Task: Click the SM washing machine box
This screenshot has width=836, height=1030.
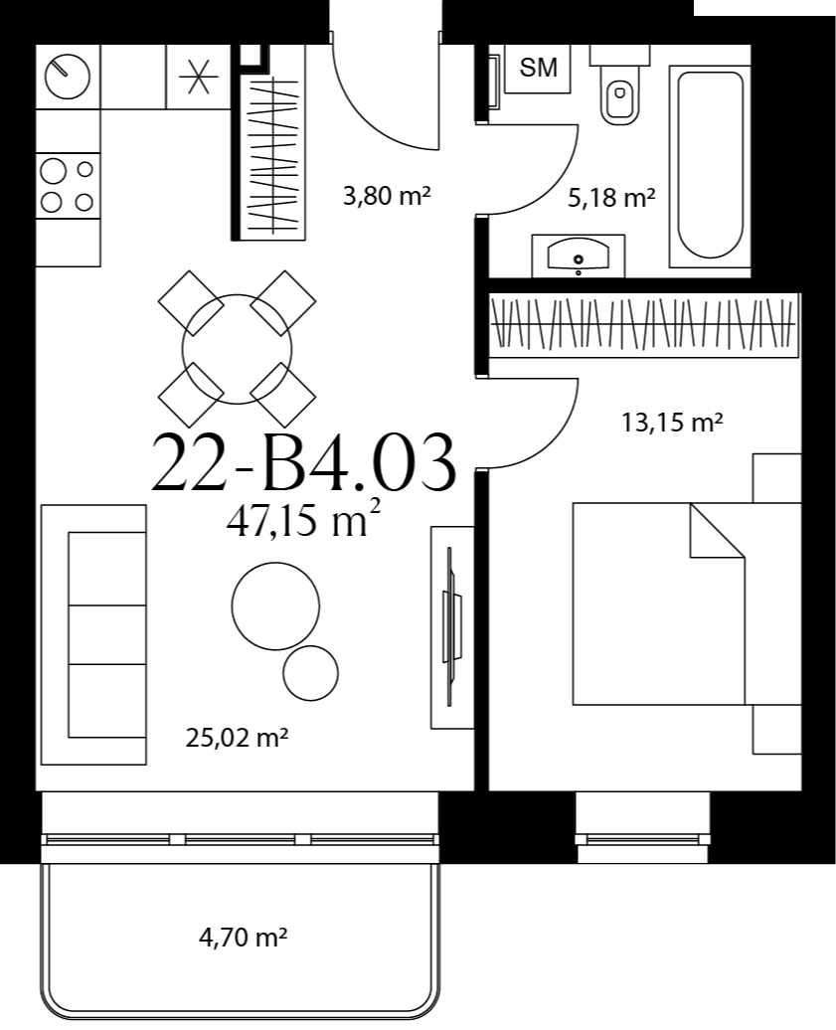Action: point(538,68)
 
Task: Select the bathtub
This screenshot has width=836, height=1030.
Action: point(709,165)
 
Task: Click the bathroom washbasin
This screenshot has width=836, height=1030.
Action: point(578,255)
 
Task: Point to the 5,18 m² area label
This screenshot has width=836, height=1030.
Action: point(611,197)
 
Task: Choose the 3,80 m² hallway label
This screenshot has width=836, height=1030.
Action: point(387,195)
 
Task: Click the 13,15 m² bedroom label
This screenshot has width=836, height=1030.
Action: point(672,422)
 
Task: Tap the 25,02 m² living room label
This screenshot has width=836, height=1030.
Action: point(237,738)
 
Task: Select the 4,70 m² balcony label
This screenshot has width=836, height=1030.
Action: point(243,937)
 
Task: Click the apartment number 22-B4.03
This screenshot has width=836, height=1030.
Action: point(303,462)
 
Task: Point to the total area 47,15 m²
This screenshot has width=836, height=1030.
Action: point(303,522)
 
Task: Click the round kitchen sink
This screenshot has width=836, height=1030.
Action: point(67,77)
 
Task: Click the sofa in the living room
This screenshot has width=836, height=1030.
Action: point(93,634)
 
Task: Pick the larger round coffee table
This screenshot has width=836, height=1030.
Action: point(275,605)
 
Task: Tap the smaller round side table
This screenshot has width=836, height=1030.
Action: point(310,673)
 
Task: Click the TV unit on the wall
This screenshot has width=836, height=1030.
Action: point(452,627)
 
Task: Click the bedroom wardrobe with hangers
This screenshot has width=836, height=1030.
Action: point(644,324)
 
